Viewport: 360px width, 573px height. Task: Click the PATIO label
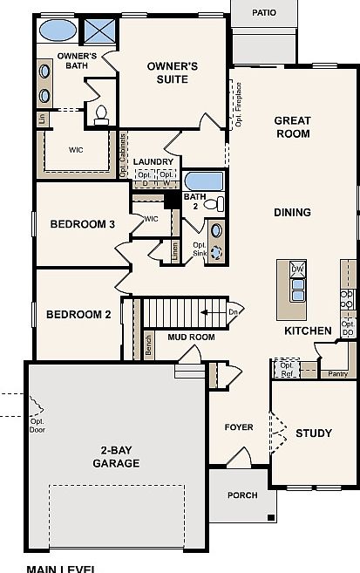(x=263, y=13)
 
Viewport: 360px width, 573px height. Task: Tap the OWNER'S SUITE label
(x=172, y=72)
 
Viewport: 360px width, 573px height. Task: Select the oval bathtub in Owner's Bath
(x=58, y=31)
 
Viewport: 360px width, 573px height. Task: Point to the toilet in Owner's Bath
(x=100, y=113)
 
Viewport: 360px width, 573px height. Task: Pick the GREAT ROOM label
(x=293, y=127)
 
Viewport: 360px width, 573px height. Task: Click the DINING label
(x=293, y=212)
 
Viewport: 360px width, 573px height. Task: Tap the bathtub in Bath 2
(x=204, y=181)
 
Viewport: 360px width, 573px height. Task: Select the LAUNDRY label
(x=154, y=162)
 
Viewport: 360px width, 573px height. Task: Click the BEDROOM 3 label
(x=82, y=224)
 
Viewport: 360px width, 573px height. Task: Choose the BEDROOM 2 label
(x=78, y=315)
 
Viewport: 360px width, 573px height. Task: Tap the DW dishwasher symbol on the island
(x=297, y=269)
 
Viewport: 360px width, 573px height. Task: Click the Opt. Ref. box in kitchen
(x=286, y=369)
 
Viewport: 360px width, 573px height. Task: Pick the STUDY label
(x=313, y=433)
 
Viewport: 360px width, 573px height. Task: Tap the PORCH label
(x=242, y=495)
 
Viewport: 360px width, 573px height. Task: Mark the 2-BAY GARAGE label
(x=116, y=457)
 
